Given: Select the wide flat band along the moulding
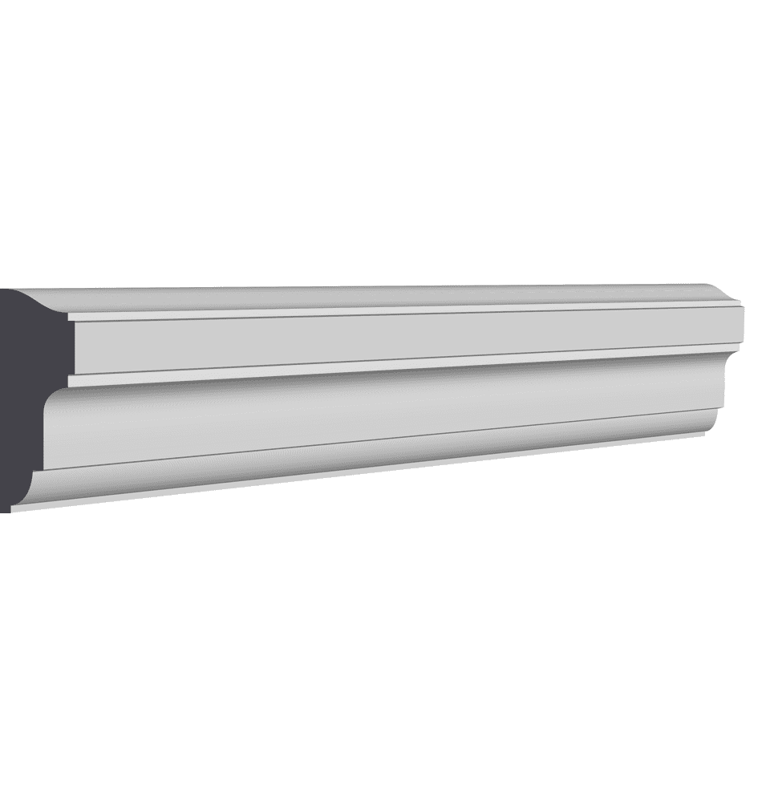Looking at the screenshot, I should coord(401,337).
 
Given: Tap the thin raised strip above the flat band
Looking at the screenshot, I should coord(401,311).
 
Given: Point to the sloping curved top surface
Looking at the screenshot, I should coord(361,297).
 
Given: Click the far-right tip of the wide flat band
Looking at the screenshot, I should coord(740,325).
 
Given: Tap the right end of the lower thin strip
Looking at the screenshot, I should coord(734,348).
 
